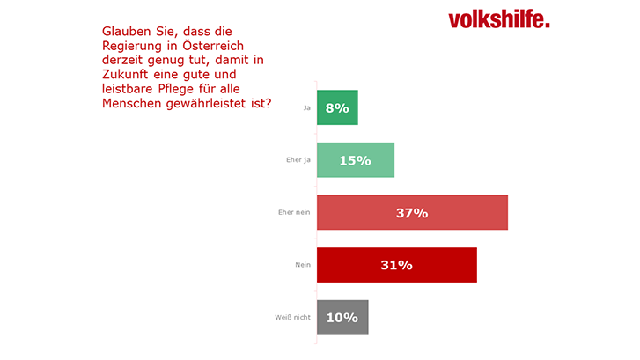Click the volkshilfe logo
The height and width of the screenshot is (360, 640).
pyautogui.click(x=498, y=18)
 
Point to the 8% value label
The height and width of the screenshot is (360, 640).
pyautogui.click(x=337, y=107)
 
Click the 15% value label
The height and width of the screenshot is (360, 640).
pyautogui.click(x=355, y=160)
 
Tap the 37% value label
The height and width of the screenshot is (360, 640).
pyautogui.click(x=411, y=213)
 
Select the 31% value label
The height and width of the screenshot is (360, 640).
pyautogui.click(x=396, y=265)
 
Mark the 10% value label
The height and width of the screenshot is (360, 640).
pyautogui.click(x=342, y=318)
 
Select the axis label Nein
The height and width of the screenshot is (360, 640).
pyautogui.click(x=302, y=266)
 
